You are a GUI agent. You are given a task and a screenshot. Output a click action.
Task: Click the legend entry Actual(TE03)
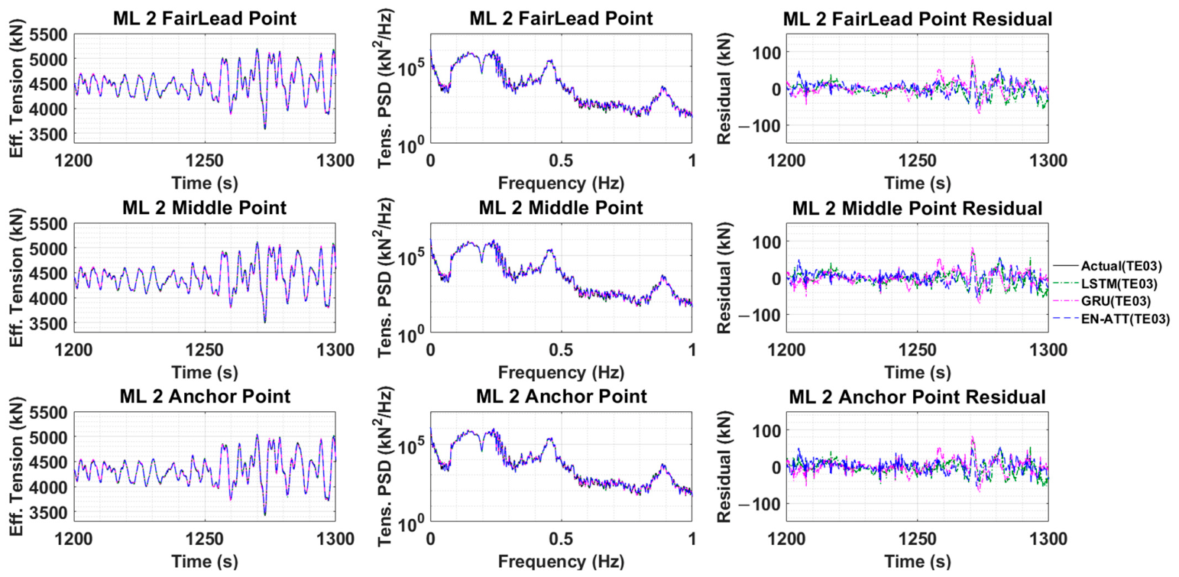(1121, 267)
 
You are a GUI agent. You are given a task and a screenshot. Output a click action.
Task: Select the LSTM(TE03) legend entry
(1119, 284)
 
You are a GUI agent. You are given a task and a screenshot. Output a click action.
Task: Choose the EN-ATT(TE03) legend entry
(1126, 319)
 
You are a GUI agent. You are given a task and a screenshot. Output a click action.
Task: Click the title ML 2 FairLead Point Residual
(918, 19)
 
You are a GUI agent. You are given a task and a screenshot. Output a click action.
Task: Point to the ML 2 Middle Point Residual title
(918, 209)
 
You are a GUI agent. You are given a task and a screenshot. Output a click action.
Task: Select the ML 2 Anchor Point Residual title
(918, 397)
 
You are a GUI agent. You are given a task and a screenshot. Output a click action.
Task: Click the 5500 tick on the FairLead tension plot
(48, 35)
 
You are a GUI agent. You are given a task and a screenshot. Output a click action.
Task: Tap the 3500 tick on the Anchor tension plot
(48, 513)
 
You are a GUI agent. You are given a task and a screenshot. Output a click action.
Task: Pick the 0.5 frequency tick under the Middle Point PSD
(561, 350)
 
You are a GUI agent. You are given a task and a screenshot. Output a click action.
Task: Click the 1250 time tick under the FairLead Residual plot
(918, 160)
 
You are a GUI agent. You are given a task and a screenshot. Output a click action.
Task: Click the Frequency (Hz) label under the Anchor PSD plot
(561, 562)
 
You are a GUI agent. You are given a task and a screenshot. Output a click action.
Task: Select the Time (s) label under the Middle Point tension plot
(205, 373)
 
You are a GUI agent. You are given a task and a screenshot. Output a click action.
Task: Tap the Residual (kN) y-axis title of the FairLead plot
(724, 89)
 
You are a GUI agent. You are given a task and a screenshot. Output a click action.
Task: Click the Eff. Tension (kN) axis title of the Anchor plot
(17, 466)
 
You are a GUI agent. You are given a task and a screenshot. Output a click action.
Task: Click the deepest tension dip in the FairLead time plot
(264, 128)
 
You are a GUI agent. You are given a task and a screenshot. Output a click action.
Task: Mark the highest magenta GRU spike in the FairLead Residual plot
(973, 58)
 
